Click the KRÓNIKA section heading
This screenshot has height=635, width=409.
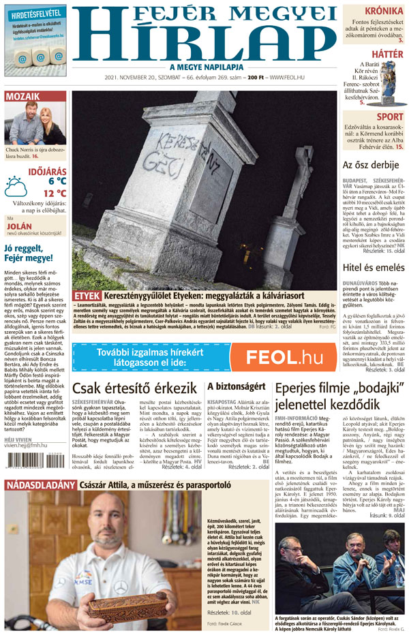[x=382, y=11]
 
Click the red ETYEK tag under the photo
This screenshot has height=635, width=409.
[x=87, y=296]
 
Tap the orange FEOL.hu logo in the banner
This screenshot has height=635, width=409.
[x=284, y=357]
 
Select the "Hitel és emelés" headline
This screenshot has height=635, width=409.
[x=374, y=267]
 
